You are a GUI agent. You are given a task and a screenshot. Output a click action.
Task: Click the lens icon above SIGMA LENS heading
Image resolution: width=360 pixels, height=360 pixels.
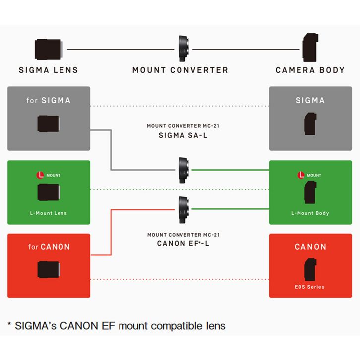tap(48, 50)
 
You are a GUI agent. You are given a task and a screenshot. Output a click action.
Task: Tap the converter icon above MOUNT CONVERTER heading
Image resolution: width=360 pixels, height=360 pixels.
tap(181, 50)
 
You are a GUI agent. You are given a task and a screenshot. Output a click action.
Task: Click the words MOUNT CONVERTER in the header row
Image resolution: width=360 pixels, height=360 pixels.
tap(180, 70)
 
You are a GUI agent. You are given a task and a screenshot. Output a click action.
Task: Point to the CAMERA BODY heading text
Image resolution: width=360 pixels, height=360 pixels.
tap(310, 70)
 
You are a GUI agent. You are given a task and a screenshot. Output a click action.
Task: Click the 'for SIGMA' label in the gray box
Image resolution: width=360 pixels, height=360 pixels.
tap(48, 100)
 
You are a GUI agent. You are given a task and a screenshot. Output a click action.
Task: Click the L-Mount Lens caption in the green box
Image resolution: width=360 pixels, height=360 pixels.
tap(48, 213)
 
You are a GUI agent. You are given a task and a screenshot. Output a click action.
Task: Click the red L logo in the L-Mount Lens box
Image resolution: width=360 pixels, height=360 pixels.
tap(41, 175)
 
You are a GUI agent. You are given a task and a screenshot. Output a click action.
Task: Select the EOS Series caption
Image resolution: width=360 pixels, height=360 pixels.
tap(310, 286)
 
